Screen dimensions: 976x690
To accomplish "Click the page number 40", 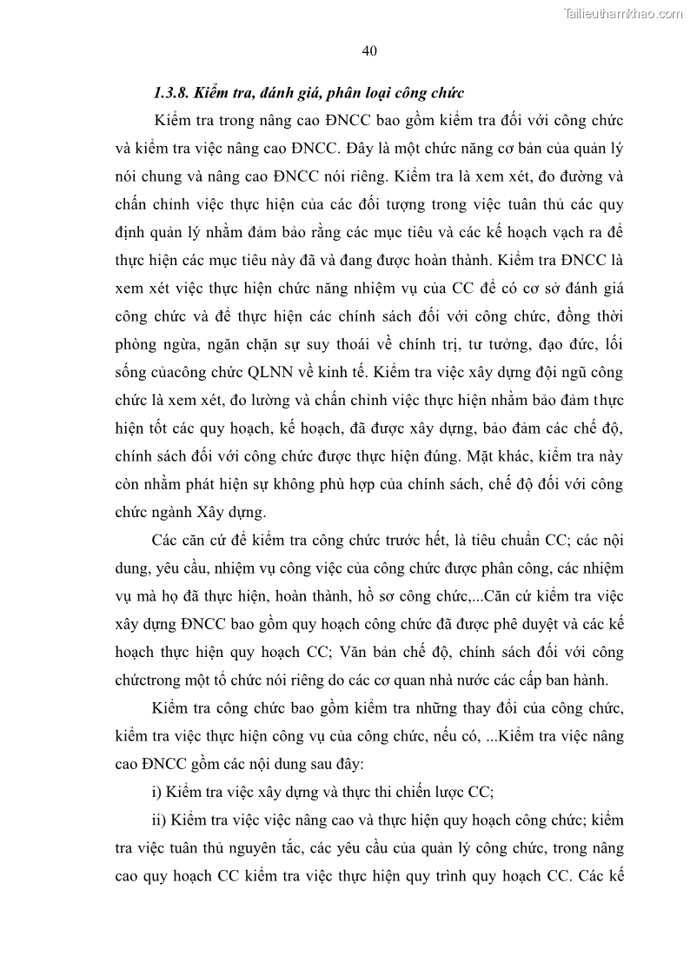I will [x=368, y=50].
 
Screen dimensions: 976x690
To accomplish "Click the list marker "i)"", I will [x=156, y=792].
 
